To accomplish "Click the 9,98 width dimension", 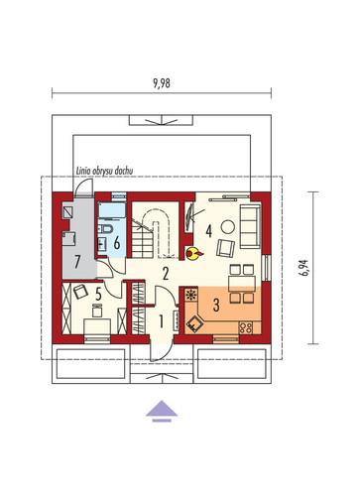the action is click(162, 83).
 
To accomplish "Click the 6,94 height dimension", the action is click(305, 267).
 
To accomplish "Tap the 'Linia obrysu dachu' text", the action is click(104, 171).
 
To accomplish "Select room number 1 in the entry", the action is click(162, 321).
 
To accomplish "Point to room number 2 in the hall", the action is click(166, 274).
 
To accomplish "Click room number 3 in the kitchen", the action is click(216, 305).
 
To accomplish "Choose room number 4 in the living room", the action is click(208, 231).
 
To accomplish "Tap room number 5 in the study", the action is click(98, 292).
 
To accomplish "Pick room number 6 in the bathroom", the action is click(117, 243).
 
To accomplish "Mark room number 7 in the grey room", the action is click(77, 263).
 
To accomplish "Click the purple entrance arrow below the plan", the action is click(162, 411).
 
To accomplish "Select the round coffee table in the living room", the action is click(228, 227).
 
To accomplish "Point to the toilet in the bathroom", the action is click(107, 228).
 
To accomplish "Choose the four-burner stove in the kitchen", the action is click(246, 327).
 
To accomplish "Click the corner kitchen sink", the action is click(194, 322).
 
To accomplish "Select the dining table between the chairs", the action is click(242, 284).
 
